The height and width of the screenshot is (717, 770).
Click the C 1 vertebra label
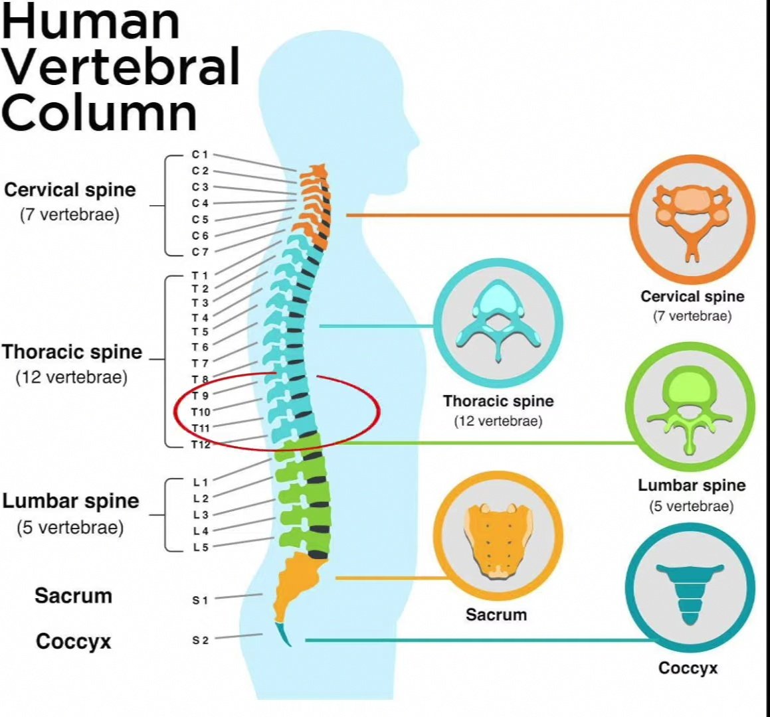[200, 155]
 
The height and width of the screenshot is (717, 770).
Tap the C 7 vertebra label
[200, 252]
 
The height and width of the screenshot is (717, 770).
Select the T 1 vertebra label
[200, 276]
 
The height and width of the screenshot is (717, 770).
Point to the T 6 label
[200, 347]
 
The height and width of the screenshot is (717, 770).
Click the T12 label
[201, 445]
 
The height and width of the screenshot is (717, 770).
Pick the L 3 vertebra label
[201, 515]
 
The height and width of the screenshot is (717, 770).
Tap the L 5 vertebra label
[201, 547]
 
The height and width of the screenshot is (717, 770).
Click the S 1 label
[201, 600]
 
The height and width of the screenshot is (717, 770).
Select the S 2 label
[201, 640]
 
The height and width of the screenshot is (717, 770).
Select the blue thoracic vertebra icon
[498, 319]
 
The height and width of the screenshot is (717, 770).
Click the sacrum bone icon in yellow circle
[498, 538]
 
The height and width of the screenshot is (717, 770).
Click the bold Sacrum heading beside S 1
[73, 596]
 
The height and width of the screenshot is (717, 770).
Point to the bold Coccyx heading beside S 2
[73, 641]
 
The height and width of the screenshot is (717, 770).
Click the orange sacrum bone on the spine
[295, 584]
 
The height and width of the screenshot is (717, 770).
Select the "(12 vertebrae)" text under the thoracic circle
[498, 421]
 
